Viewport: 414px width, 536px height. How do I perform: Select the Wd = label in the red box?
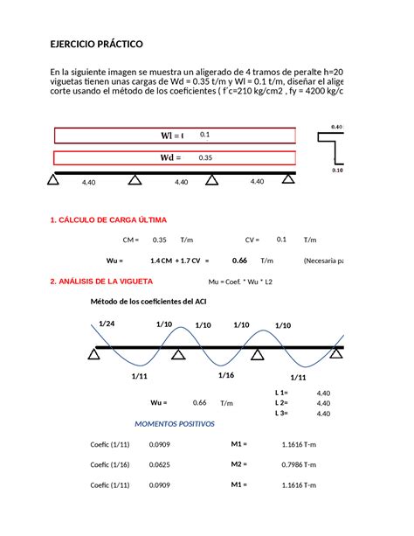click(169, 157)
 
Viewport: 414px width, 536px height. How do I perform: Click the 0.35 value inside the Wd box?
click(206, 157)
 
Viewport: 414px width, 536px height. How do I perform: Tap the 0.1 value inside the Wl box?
click(205, 135)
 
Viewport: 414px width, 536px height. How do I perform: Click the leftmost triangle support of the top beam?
click(53, 180)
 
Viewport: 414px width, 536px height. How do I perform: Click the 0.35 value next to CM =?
click(159, 240)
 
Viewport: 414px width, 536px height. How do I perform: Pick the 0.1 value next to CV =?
click(281, 240)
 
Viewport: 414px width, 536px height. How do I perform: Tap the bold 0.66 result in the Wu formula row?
click(239, 261)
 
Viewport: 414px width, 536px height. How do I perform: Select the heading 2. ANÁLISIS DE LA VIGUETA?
click(101, 282)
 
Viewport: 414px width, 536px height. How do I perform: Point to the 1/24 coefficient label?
click(107, 323)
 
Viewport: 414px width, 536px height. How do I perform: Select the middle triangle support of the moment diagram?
click(177, 354)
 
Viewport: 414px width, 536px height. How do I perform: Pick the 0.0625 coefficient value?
click(159, 465)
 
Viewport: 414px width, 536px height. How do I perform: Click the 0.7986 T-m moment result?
click(299, 465)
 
